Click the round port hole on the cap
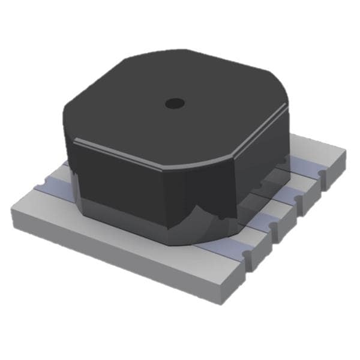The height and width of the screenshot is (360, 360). point(175,103)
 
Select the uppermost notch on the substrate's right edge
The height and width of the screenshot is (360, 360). point(323,174)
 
